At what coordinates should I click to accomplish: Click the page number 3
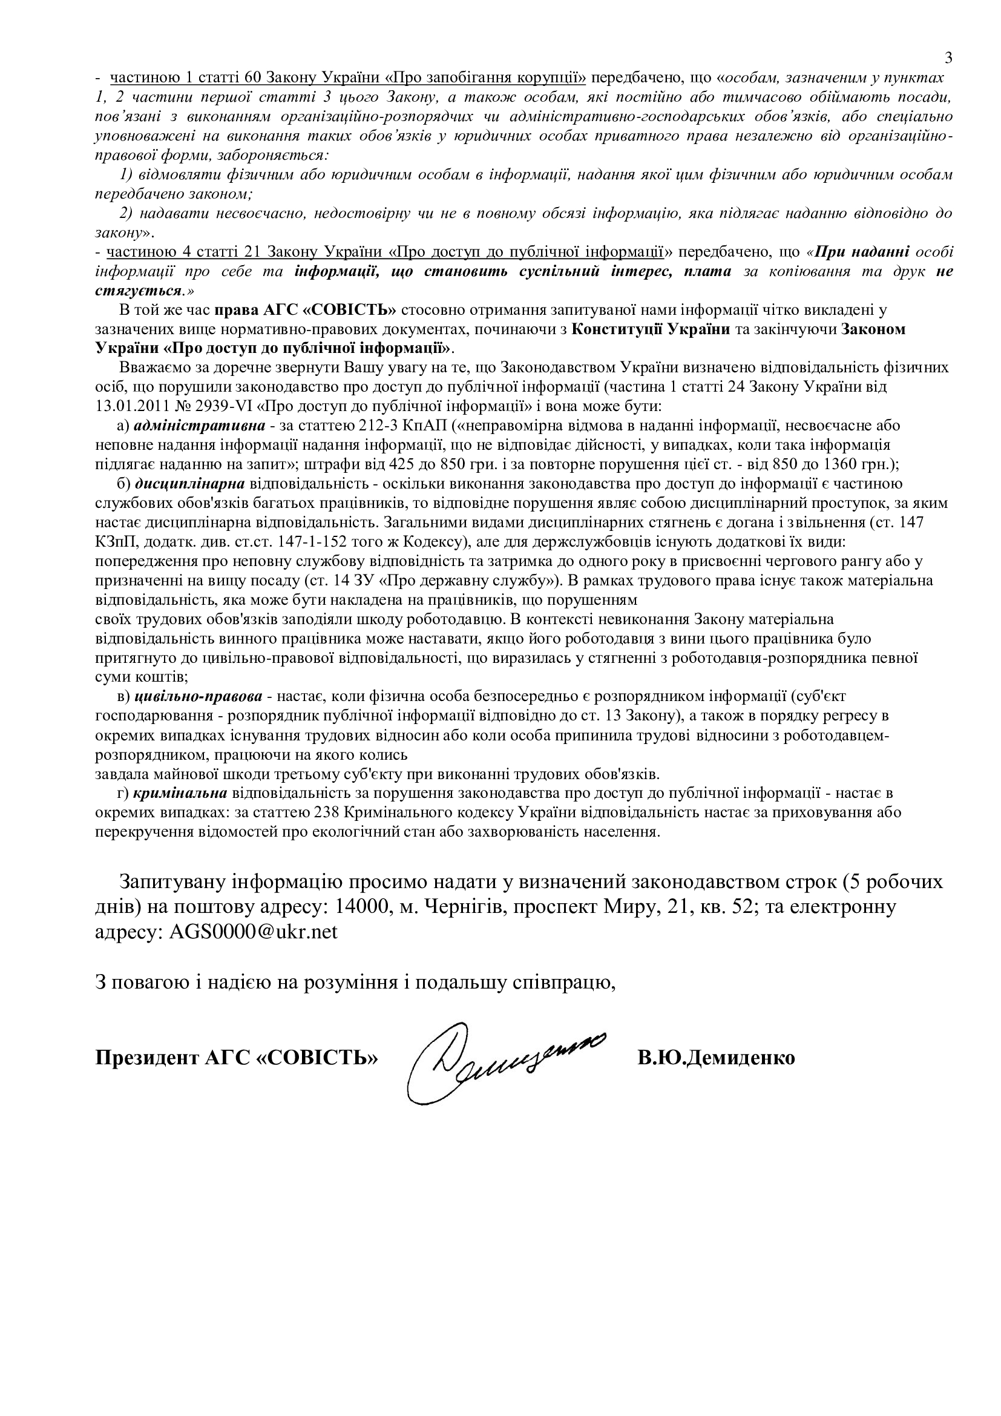point(948,58)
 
